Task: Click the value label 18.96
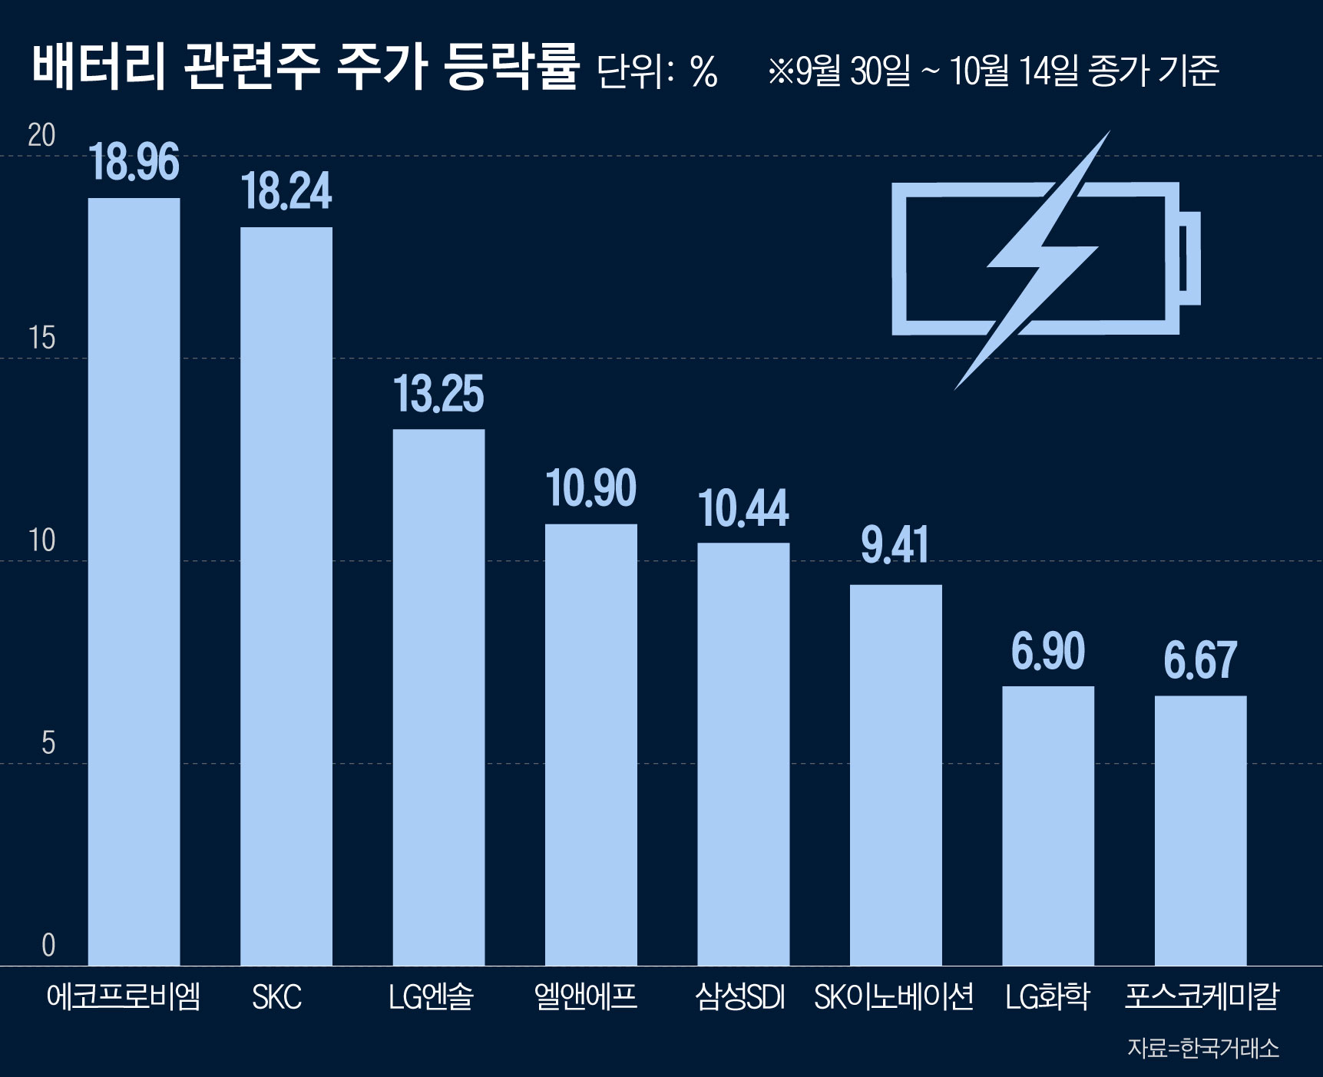pyautogui.click(x=134, y=162)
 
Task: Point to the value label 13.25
pyautogui.click(x=438, y=395)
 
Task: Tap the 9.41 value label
pyautogui.click(x=895, y=545)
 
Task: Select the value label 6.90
pyautogui.click(x=1048, y=651)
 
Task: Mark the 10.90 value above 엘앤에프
pyautogui.click(x=590, y=488)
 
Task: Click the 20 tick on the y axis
pyautogui.click(x=41, y=136)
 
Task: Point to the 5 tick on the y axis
pyautogui.click(x=48, y=743)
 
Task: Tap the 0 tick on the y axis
pyautogui.click(x=48, y=945)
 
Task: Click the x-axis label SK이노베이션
pyautogui.click(x=894, y=997)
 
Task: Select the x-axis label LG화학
pyautogui.click(x=1047, y=997)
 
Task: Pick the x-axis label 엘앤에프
pyautogui.click(x=586, y=997)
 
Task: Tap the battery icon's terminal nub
pyautogui.click(x=1189, y=258)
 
